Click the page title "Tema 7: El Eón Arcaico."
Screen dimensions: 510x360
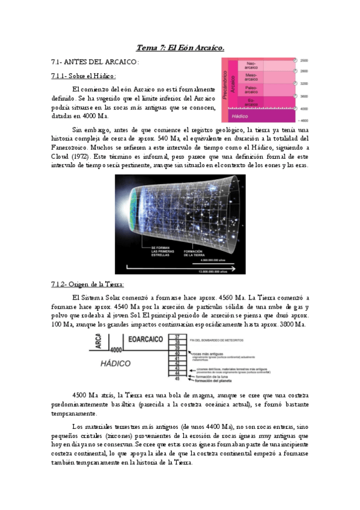click(x=180, y=48)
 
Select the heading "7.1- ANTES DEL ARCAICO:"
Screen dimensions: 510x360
click(x=96, y=62)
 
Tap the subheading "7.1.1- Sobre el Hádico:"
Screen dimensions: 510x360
click(x=84, y=76)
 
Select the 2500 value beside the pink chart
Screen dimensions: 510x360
click(x=304, y=60)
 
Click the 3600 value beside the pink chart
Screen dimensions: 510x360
click(x=304, y=96)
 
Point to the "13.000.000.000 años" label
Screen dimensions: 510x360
click(x=221, y=271)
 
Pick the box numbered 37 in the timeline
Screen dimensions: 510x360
click(x=177, y=336)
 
